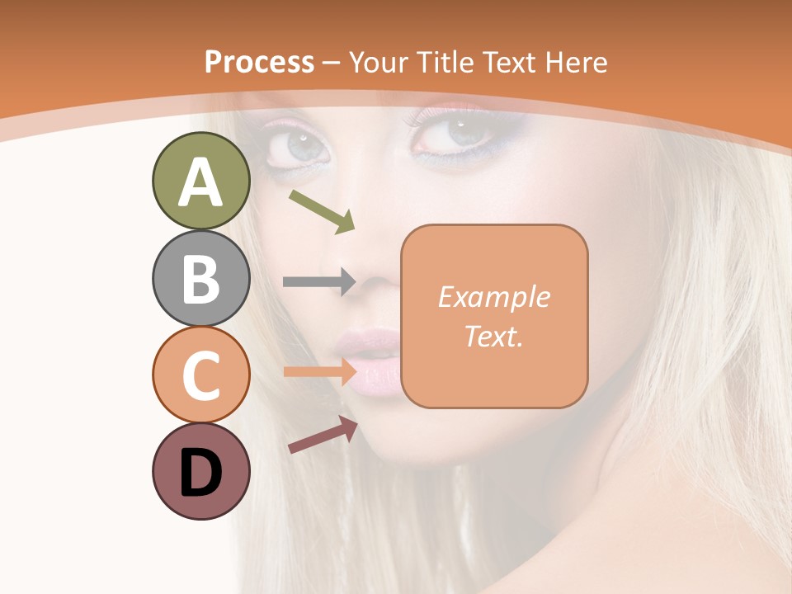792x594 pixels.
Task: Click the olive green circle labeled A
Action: click(201, 181)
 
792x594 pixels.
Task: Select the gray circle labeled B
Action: click(201, 278)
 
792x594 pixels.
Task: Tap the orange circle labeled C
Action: click(201, 375)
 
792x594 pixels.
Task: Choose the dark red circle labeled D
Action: click(201, 471)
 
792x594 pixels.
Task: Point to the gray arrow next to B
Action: click(319, 281)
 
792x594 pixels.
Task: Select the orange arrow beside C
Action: click(319, 371)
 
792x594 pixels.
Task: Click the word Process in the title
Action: click(259, 62)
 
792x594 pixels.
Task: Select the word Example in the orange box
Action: click(493, 297)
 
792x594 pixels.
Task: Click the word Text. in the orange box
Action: click(493, 336)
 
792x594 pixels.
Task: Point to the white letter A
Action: click(201, 182)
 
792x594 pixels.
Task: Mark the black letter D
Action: click(201, 473)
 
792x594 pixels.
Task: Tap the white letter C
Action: click(201, 376)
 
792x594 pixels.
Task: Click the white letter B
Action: click(201, 279)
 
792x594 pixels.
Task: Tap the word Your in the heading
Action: click(379, 62)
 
